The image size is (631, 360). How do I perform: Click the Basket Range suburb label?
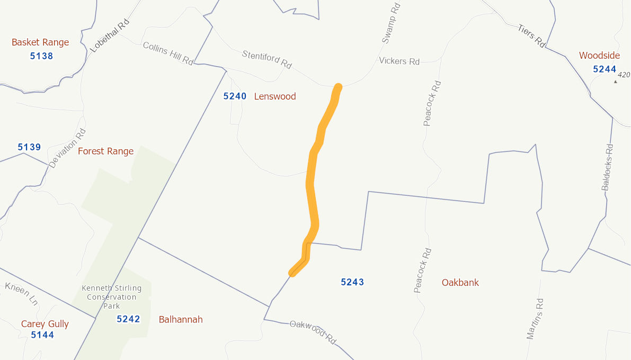point(40,42)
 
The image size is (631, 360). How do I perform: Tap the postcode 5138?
point(41,56)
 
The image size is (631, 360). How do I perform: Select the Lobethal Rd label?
point(110,35)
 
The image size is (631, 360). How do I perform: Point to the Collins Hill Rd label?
point(168,53)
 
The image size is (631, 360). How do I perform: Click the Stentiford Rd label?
point(267,59)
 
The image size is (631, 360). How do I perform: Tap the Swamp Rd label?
point(390,23)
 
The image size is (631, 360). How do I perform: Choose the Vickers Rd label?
point(399,61)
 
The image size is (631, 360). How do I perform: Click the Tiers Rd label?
point(531,36)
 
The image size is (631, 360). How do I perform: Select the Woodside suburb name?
point(599,56)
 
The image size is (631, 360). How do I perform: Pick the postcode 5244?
point(605,69)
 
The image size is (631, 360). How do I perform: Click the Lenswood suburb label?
point(275,96)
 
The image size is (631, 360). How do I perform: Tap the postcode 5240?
point(235,96)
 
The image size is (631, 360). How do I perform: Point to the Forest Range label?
point(105,151)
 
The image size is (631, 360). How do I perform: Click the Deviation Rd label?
point(67,148)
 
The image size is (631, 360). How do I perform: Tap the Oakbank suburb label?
point(460,283)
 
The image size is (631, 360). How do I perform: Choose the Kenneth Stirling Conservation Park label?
point(112,297)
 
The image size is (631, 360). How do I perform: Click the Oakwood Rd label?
point(313,331)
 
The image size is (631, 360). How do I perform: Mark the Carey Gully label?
point(45,324)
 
